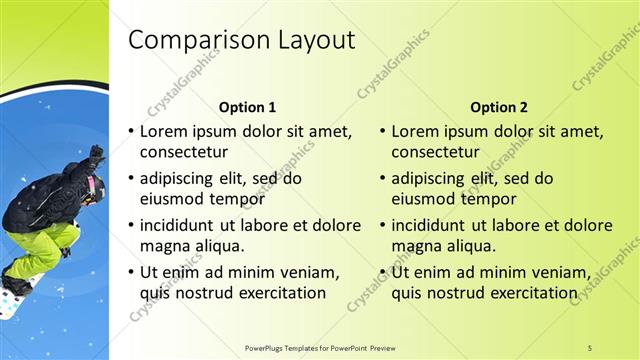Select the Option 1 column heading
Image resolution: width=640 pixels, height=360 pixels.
pos(247,107)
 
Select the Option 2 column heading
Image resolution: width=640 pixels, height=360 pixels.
pos(498,107)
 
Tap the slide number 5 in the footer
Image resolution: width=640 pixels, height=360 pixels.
pos(590,347)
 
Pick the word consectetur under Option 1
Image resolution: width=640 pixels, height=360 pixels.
pos(183,153)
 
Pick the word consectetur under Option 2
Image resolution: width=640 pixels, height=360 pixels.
pos(435,153)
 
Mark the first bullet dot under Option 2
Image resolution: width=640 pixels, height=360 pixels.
pos(383,131)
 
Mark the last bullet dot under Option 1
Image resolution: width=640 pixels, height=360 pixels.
pos(131,272)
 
